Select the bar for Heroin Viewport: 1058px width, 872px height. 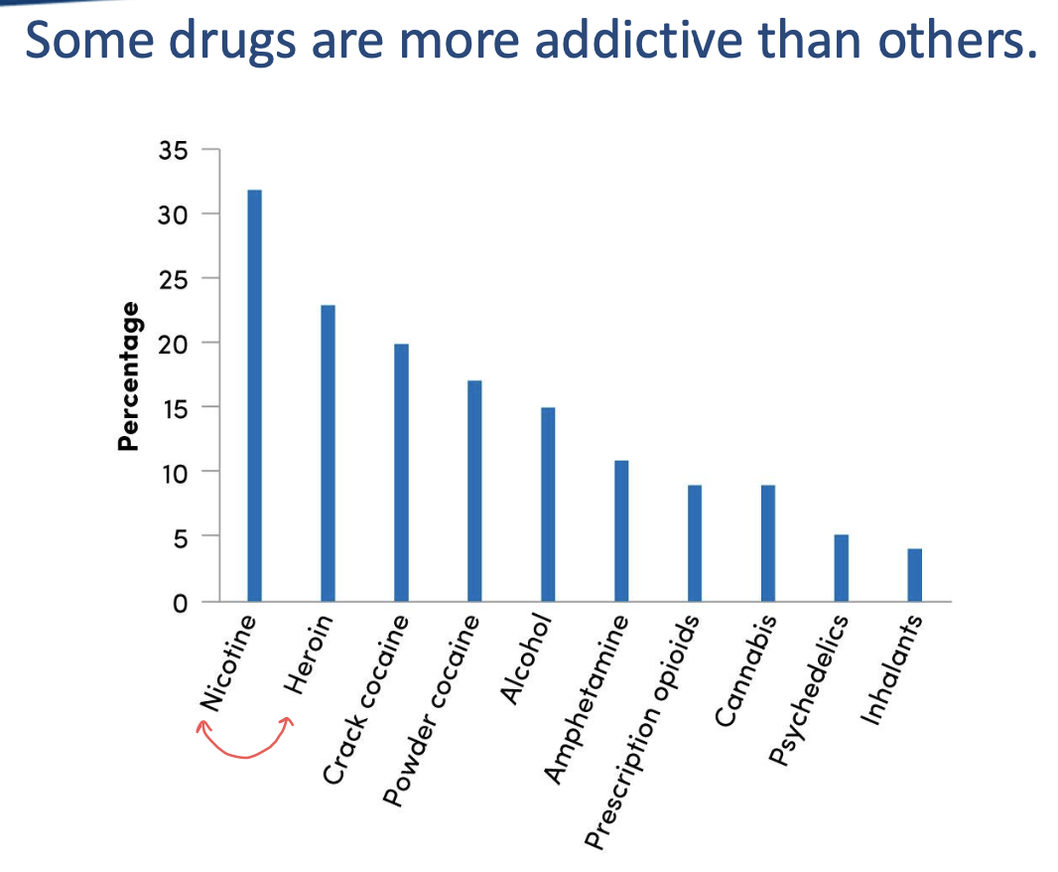(x=328, y=453)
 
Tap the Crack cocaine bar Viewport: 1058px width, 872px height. (x=400, y=473)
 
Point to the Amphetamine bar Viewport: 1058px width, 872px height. (x=621, y=531)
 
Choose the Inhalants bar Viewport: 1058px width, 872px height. (x=914, y=575)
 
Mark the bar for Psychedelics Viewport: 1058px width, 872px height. (x=842, y=568)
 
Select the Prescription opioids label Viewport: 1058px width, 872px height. (x=644, y=733)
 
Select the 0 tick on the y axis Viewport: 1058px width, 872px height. (x=179, y=602)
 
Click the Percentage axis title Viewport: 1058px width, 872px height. (x=127, y=376)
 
